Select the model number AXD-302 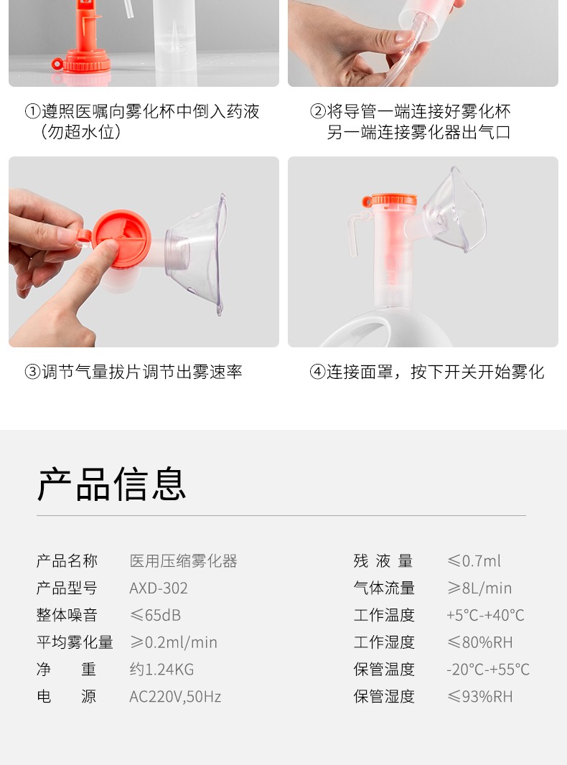(x=159, y=588)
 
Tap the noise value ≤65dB (x=155, y=616)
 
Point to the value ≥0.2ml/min (x=173, y=642)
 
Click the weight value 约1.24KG (x=161, y=670)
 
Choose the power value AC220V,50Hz (x=175, y=697)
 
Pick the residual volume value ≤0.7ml (x=474, y=561)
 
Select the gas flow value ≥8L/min (x=479, y=588)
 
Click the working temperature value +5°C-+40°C (x=485, y=616)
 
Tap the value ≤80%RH (x=479, y=642)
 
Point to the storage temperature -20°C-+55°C (x=488, y=670)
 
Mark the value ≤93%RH (x=479, y=697)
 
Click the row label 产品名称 (x=67, y=561)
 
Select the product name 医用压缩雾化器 (x=183, y=561)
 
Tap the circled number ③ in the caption (x=32, y=372)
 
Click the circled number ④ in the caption (x=317, y=372)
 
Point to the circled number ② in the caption (x=317, y=111)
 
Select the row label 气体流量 (x=384, y=588)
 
